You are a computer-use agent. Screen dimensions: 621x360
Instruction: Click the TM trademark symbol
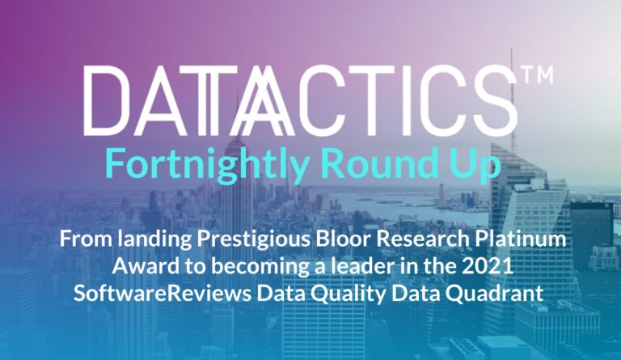[x=539, y=75]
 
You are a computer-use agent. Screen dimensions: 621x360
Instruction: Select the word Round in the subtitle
[x=374, y=163]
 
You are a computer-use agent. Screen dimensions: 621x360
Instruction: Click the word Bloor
[x=342, y=239]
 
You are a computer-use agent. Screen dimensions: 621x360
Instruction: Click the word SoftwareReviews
[x=163, y=294]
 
